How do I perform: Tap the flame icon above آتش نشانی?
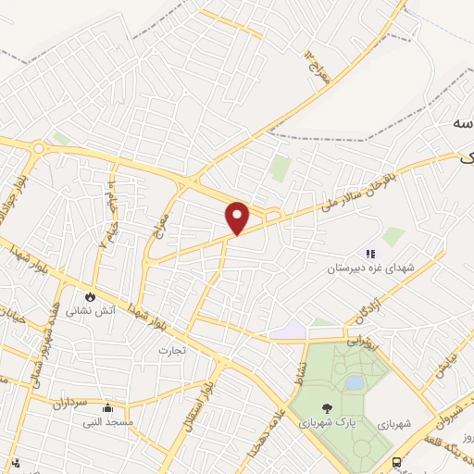click(90, 296)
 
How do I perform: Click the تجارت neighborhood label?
click(173, 350)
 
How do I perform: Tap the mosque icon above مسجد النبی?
click(108, 406)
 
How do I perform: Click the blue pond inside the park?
click(353, 382)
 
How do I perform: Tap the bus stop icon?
click(396, 463)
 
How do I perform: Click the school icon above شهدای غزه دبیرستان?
click(369, 254)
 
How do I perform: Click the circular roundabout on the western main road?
click(39, 147)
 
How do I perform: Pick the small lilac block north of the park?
click(293, 331)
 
